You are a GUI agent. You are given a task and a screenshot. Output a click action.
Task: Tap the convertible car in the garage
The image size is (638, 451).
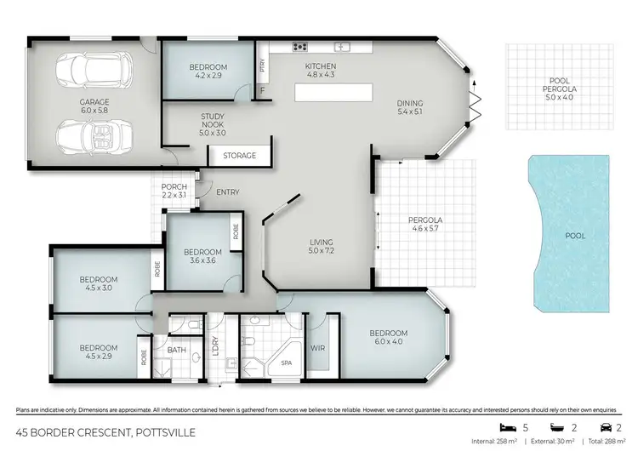point(94,135)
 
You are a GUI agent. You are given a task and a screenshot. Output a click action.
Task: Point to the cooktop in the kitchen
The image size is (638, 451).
point(299,47)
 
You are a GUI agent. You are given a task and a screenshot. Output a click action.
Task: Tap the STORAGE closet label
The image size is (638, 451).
point(239,157)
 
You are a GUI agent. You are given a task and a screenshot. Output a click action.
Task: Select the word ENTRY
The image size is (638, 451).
point(227,192)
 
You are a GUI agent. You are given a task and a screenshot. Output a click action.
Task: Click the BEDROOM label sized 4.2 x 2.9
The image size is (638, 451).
point(208,71)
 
